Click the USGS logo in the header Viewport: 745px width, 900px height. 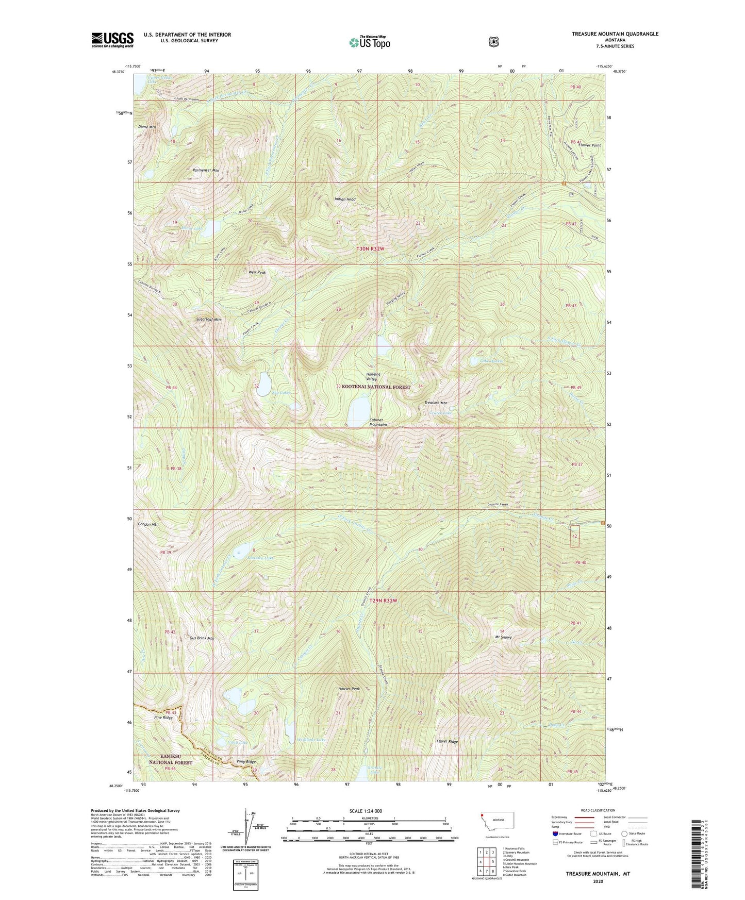[x=112, y=40]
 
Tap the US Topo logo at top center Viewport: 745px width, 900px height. [x=369, y=42]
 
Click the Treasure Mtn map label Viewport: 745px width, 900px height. [x=436, y=403]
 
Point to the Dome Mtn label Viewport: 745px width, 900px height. [x=147, y=127]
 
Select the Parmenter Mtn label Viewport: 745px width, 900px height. [x=206, y=170]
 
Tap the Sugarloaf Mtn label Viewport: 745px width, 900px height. [x=208, y=320]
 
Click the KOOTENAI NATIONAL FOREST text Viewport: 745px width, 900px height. [x=376, y=387]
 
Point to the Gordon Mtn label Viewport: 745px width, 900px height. [x=148, y=524]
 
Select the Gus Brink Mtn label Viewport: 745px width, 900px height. [x=202, y=638]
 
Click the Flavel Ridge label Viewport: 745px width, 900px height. [x=447, y=741]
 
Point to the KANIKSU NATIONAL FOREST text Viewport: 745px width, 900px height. [x=171, y=759]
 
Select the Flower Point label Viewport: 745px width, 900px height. [x=589, y=145]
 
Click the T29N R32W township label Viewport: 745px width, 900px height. [x=380, y=601]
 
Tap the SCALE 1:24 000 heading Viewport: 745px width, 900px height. [x=366, y=811]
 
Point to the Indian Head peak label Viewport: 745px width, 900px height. [x=345, y=199]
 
